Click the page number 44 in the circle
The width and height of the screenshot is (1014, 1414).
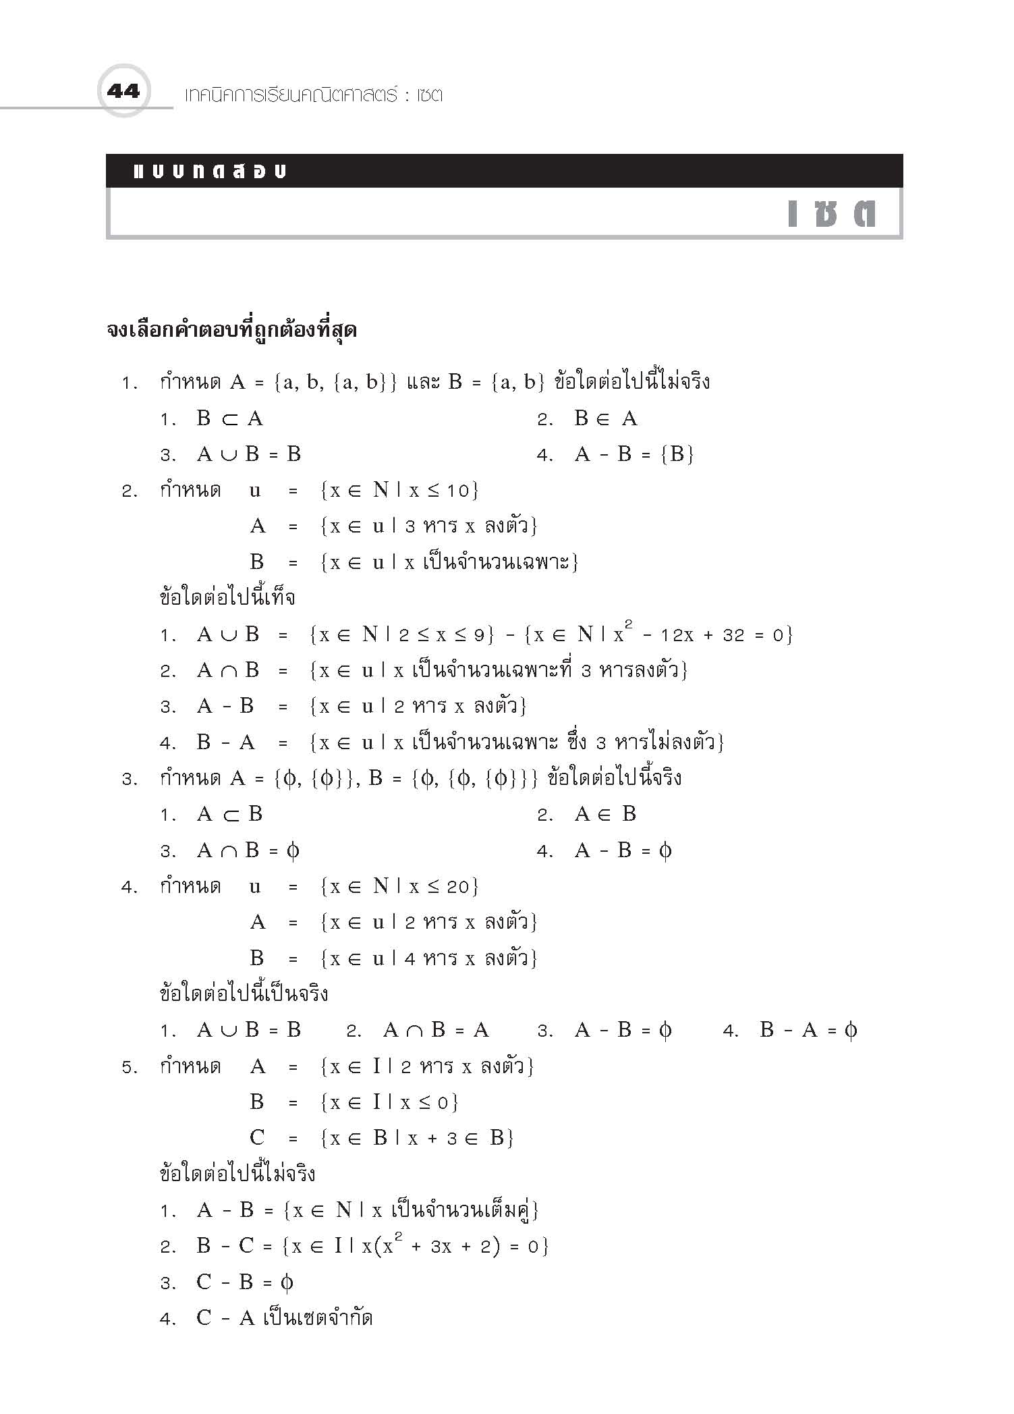123,90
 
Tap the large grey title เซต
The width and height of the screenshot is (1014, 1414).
832,213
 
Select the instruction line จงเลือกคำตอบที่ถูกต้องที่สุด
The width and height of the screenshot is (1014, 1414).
231,331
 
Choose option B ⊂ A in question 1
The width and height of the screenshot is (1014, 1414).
229,419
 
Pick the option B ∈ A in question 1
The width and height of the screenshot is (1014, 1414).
605,419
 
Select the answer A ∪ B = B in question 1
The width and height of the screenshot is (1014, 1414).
248,454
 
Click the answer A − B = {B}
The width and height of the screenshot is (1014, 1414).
633,454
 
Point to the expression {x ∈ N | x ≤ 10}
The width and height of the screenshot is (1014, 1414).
399,490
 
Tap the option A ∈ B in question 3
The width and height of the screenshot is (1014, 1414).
605,814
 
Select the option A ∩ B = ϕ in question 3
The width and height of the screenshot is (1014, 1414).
248,850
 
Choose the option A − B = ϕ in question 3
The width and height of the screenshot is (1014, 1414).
623,850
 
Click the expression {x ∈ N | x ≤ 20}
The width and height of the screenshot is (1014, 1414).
399,886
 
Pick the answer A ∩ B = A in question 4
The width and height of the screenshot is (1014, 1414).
435,1031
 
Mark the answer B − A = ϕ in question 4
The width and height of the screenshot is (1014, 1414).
808,1031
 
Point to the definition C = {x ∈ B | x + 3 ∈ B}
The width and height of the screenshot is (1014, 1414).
381,1138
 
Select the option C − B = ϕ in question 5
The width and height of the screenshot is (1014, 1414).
244,1282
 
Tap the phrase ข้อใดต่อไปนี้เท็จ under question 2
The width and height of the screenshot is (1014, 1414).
227,598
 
